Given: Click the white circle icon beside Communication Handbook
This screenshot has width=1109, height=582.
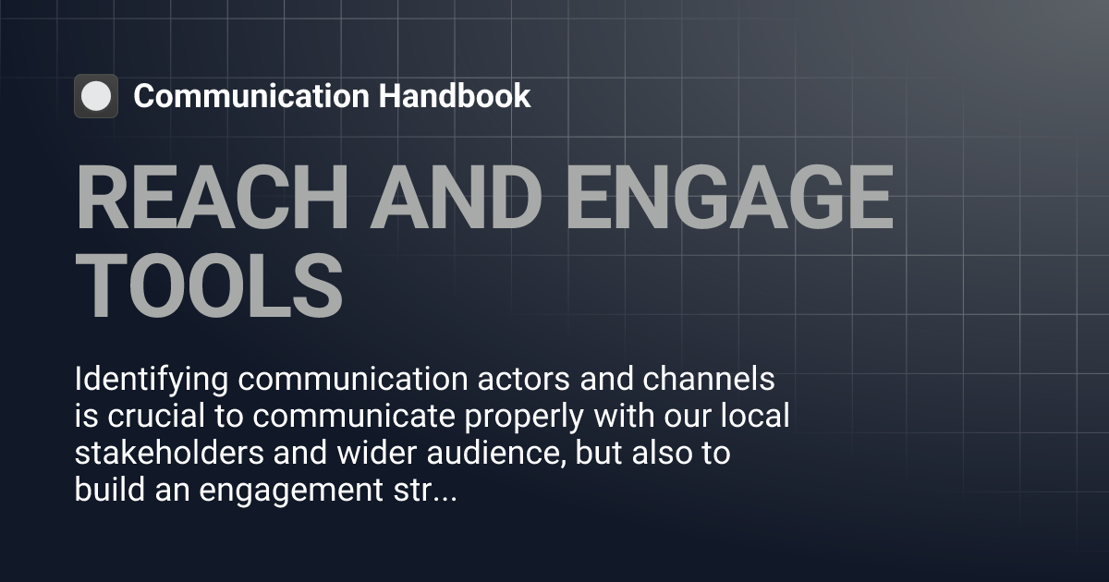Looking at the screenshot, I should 95,96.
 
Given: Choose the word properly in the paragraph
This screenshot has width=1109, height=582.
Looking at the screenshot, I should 513,418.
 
